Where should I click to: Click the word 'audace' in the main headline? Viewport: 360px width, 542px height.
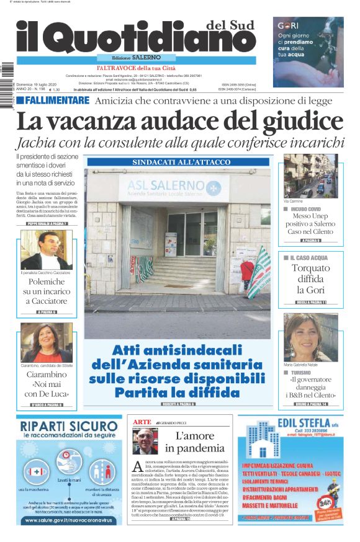[x=186, y=122]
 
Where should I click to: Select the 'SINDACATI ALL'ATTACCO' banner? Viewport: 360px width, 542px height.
[x=178, y=162]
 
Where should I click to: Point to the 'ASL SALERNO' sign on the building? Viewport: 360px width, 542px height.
[x=178, y=186]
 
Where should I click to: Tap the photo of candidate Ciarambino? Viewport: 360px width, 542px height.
[x=46, y=343]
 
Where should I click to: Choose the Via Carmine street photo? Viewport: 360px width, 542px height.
[x=310, y=175]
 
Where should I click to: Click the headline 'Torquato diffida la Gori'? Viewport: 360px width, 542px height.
[x=311, y=279]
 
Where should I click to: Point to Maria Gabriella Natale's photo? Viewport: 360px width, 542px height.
[x=310, y=337]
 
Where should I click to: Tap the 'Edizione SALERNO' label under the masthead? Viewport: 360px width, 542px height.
[x=131, y=57]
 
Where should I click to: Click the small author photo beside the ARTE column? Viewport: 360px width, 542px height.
[x=143, y=442]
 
